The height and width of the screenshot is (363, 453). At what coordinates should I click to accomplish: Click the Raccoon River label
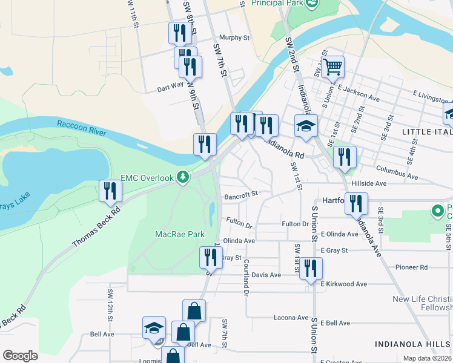coord(82,128)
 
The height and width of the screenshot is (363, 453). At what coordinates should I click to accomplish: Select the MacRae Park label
coord(179,234)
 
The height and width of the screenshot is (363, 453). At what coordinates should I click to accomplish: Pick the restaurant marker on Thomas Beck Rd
coord(110,191)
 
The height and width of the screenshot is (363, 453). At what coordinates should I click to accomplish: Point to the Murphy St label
coord(235,38)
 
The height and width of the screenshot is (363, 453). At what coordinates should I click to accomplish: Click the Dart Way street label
coord(170,86)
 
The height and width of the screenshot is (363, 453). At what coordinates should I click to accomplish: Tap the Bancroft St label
coord(241,195)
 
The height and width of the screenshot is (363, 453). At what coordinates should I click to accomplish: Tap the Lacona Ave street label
coord(291,317)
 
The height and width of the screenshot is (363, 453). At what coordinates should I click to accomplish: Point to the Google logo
coord(20,356)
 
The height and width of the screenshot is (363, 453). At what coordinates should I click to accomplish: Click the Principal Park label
coord(277,4)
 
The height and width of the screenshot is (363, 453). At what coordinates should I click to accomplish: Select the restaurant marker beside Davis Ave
coord(311,269)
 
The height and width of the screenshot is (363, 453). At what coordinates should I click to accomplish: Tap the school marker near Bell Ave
coord(154,328)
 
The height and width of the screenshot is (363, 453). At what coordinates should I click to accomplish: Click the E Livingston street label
coord(432,94)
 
